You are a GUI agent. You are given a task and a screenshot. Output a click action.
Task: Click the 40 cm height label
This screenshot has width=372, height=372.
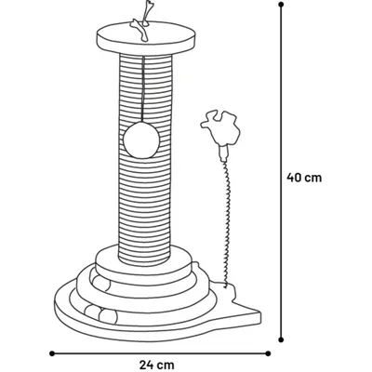click(x=304, y=178)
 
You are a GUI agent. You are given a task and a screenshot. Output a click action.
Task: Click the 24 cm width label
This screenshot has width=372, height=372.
click(x=157, y=365)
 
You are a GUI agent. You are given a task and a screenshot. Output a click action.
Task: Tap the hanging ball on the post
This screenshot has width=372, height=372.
click(x=141, y=140)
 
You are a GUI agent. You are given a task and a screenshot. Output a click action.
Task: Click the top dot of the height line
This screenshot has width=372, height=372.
click(x=281, y=5)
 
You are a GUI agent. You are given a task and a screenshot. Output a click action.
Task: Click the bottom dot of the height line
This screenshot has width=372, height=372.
click(x=281, y=331)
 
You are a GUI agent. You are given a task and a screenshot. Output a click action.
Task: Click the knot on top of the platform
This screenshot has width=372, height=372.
click(x=139, y=30)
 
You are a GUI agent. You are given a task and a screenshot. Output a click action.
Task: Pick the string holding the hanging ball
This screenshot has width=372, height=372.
click(x=143, y=89)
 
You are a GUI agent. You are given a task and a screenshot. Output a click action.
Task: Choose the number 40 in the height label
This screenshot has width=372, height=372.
click(x=294, y=178)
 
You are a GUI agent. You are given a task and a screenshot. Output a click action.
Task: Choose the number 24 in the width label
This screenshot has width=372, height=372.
click(x=147, y=365)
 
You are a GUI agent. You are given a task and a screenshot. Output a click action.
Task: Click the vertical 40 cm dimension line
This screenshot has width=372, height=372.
click(x=281, y=167)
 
